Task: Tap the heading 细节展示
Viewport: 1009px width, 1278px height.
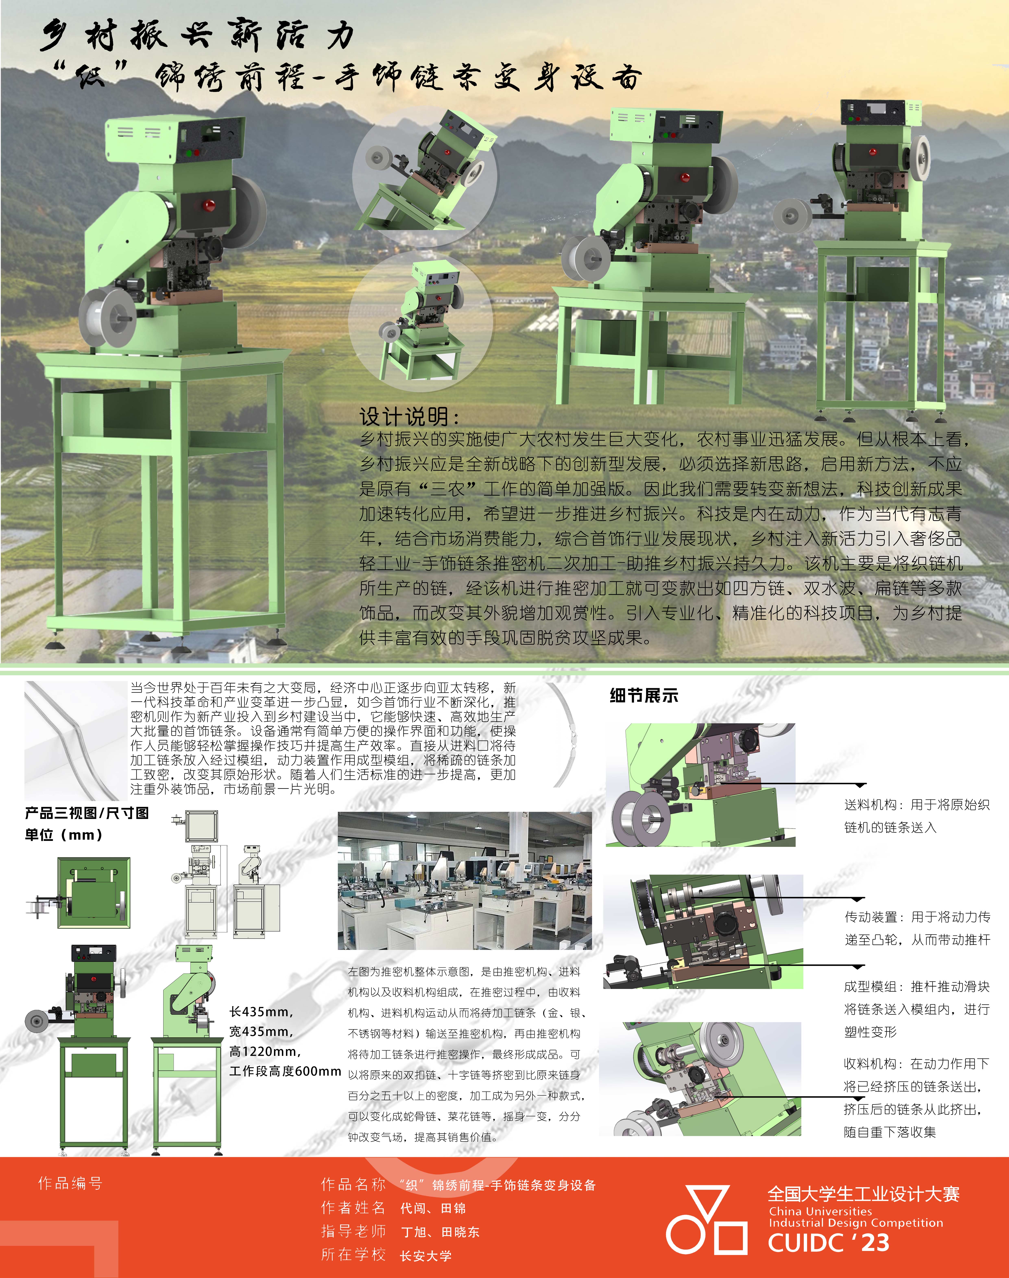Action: [644, 695]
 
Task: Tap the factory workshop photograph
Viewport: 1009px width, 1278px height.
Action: [464, 880]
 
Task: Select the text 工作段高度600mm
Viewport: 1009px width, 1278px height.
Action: [285, 1071]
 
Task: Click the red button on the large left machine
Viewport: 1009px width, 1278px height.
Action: [209, 205]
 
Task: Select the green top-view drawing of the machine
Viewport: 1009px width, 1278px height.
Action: [93, 893]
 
